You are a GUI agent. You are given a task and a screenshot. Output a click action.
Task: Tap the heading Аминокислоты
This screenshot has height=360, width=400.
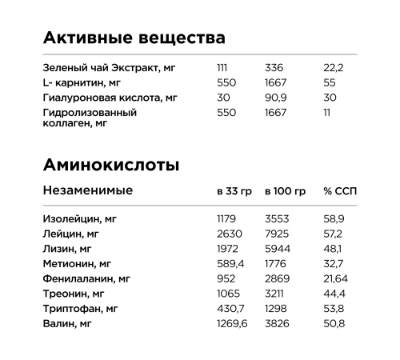[110, 166]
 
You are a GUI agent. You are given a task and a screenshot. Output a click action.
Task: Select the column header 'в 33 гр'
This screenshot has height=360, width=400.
[234, 192]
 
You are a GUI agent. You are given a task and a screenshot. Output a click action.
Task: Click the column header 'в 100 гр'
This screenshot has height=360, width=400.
[285, 192]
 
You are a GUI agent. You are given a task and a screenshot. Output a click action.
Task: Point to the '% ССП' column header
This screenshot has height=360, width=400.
[339, 192]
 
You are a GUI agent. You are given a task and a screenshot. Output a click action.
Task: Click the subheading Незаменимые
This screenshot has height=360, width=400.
[88, 190]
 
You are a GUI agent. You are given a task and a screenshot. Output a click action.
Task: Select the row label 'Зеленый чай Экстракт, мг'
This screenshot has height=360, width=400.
[104, 68]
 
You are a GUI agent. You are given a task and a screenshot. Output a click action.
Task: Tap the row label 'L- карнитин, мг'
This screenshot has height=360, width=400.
[82, 83]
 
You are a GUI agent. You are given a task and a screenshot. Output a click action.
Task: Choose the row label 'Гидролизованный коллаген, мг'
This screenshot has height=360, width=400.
[90, 118]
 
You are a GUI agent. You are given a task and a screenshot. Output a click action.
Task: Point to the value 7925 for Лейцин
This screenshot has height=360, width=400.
[277, 234]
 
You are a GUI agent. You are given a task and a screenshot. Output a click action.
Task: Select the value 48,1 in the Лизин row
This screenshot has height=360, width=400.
[332, 249]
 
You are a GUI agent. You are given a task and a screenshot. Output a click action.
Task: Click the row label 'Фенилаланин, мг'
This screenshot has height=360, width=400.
[86, 278]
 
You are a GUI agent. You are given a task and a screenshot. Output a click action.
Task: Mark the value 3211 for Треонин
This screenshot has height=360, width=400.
[275, 294]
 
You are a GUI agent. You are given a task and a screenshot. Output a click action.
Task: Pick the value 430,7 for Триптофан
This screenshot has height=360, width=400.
[230, 309]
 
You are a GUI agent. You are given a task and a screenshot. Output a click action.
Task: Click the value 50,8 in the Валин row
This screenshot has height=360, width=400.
[334, 323]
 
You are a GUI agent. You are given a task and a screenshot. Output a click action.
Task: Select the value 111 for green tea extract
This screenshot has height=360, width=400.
[222, 68]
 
